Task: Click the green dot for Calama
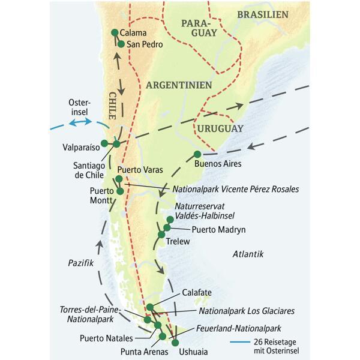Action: (x=115, y=32)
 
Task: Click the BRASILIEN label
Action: (x=263, y=14)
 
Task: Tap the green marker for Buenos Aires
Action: (x=197, y=154)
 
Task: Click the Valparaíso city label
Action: (x=79, y=146)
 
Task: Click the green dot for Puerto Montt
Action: (x=120, y=191)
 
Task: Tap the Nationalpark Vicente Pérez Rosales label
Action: (x=235, y=189)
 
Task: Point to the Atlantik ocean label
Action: (x=248, y=254)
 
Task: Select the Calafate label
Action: (x=197, y=293)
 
